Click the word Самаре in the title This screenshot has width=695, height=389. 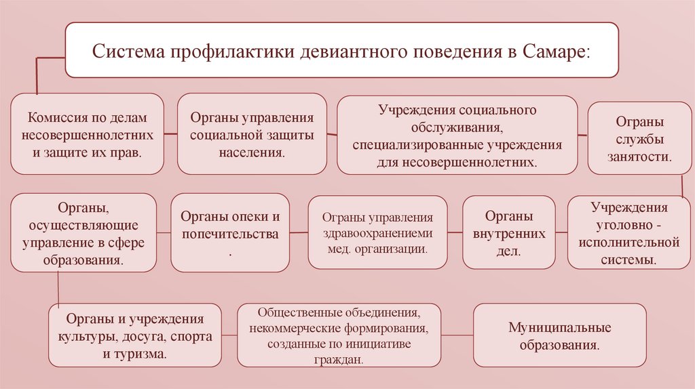pos(555,52)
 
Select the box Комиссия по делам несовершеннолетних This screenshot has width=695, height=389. pos(87,135)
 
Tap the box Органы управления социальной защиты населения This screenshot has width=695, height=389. pos(252,135)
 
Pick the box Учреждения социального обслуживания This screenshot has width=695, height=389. pos(457,135)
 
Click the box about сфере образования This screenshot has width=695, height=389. pos(83,232)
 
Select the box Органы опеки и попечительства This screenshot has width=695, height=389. pos(229,232)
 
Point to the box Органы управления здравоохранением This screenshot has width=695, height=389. pos(378,232)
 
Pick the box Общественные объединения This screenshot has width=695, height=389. pos(339,336)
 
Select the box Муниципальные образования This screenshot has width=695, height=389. pos(559,336)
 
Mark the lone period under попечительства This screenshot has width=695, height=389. pos(230,252)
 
